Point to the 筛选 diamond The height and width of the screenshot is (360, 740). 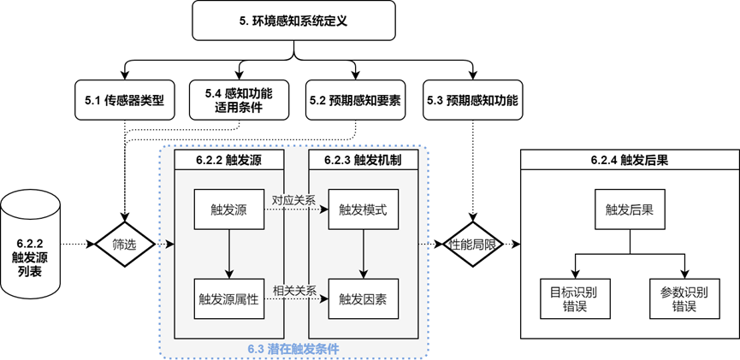tap(124, 245)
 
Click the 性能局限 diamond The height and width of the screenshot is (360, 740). tap(472, 245)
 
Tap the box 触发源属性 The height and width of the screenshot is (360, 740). tap(228, 298)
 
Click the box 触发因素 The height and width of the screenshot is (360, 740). tap(363, 298)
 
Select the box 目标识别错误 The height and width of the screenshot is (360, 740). tap(575, 298)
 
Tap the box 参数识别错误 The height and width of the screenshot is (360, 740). tap(684, 298)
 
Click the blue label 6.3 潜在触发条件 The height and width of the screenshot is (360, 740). tap(293, 349)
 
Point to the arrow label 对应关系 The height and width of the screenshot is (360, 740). tap(293, 200)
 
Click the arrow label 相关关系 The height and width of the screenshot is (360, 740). tap(293, 289)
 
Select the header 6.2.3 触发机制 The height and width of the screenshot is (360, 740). tap(363, 159)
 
